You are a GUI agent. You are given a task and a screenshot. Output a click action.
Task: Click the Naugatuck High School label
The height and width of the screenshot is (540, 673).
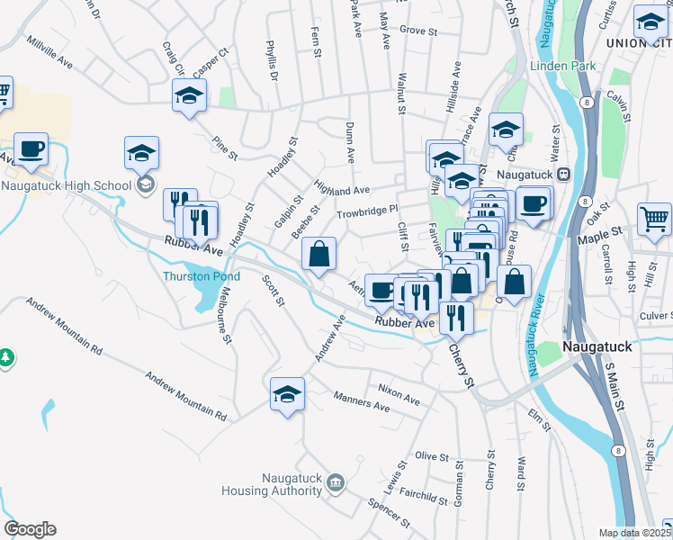point(66,185)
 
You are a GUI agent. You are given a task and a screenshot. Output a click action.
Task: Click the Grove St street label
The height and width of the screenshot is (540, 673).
point(417,31)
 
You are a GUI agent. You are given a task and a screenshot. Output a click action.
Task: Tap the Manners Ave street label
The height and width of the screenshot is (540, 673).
point(362,400)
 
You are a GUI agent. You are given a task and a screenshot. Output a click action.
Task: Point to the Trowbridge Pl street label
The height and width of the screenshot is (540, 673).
point(367,211)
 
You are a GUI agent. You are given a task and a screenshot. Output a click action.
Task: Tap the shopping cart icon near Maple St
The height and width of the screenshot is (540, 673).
point(654,218)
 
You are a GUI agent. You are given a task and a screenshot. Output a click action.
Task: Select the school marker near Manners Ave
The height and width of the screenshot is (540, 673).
point(287,394)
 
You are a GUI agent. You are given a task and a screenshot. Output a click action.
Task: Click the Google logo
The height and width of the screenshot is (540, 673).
point(30,529)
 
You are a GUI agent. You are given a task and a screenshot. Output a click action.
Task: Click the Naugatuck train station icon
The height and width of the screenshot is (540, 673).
point(563,174)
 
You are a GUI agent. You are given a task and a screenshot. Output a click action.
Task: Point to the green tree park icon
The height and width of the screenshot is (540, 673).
point(6,357)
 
